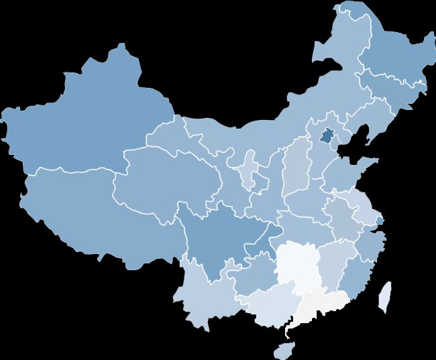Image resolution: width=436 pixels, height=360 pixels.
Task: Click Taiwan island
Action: [x=385, y=296]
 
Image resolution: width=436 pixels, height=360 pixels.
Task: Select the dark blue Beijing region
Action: [x=327, y=135]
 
